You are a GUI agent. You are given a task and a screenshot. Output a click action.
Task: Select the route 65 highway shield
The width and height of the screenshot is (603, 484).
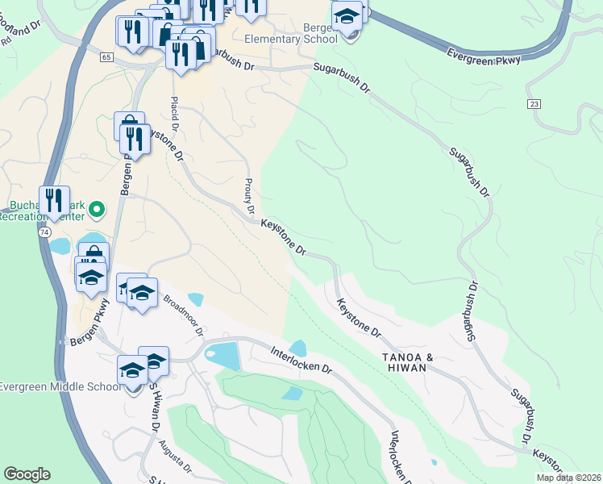tap(106, 57)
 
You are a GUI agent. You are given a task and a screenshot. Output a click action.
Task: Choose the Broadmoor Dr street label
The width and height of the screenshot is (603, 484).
tap(184, 314)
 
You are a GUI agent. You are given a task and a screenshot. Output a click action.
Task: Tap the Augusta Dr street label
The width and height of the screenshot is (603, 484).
tap(175, 456)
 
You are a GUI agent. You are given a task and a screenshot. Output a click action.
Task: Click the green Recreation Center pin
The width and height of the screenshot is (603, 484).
tap(97, 211)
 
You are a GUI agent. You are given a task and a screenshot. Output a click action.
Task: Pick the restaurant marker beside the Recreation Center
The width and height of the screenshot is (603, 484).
tap(54, 201)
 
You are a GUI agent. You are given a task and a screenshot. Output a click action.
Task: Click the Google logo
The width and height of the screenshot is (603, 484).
tap(27, 474)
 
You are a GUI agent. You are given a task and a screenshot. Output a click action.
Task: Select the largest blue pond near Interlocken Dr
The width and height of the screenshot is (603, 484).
tap(222, 355)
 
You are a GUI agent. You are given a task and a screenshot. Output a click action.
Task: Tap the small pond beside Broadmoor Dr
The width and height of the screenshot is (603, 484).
tap(196, 299)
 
